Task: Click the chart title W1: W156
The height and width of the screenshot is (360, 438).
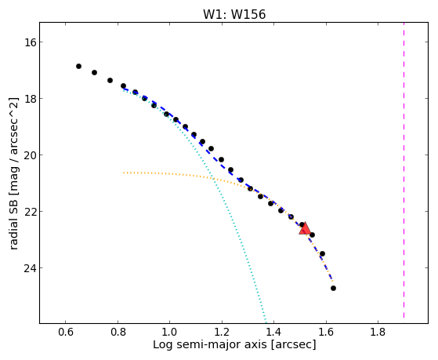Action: click(234, 14)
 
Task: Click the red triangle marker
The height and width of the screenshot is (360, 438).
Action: click(305, 228)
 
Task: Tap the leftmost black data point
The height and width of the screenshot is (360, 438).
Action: click(79, 67)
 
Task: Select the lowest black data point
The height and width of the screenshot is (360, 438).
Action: click(333, 288)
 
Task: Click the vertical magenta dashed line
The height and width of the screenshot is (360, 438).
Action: click(404, 171)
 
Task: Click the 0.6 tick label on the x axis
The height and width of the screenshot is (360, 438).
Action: click(65, 332)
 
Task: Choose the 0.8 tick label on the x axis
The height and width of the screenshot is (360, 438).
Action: click(118, 332)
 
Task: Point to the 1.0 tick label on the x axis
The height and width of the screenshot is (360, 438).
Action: click(169, 332)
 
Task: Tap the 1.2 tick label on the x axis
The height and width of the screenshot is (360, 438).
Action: click(222, 332)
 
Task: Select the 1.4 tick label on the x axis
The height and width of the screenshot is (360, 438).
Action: click(273, 332)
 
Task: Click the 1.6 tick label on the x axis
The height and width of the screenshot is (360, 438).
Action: click(326, 332)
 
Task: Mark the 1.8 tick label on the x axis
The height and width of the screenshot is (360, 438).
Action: click(378, 332)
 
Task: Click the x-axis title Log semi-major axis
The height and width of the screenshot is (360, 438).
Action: click(210, 345)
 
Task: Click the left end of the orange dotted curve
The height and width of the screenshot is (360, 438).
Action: click(124, 173)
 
